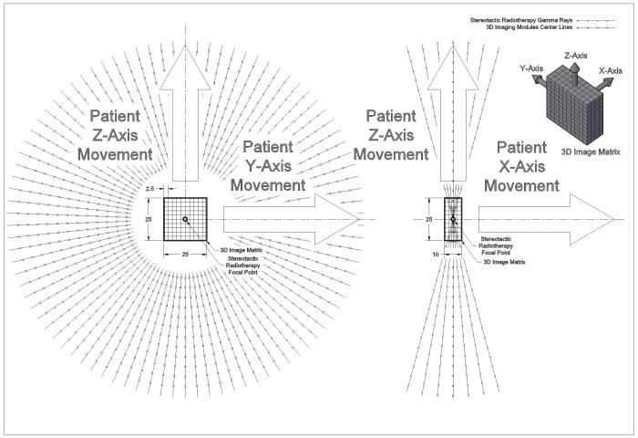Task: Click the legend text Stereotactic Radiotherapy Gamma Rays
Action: pyautogui.click(x=521, y=20)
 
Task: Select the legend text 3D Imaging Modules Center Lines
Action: pyautogui.click(x=530, y=27)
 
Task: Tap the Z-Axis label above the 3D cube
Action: pyautogui.click(x=576, y=56)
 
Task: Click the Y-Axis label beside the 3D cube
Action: pyautogui.click(x=531, y=68)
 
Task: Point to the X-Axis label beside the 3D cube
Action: pyautogui.click(x=611, y=71)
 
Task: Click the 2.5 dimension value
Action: pyautogui.click(x=149, y=189)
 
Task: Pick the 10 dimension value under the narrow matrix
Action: pyautogui.click(x=436, y=255)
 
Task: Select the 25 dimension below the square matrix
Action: pyautogui.click(x=185, y=255)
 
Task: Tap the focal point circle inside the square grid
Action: pyautogui.click(x=185, y=219)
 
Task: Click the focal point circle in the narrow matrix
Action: pyautogui.click(x=453, y=220)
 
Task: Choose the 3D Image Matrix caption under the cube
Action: pyautogui.click(x=591, y=152)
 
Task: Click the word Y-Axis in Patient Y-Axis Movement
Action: pyautogui.click(x=268, y=166)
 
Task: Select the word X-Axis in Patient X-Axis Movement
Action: pyautogui.click(x=521, y=166)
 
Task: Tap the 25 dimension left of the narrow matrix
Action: pyautogui.click(x=429, y=220)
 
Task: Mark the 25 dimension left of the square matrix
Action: pyautogui.click(x=149, y=220)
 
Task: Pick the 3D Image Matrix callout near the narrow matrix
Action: pyautogui.click(x=504, y=262)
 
